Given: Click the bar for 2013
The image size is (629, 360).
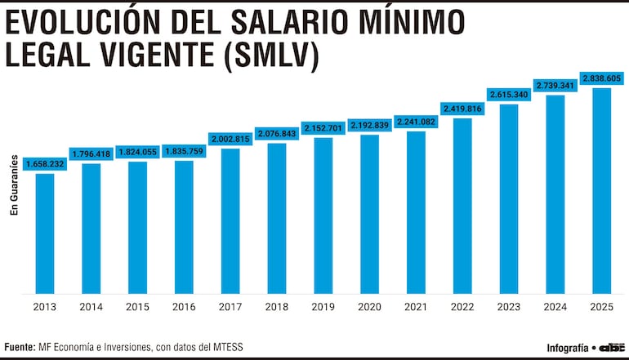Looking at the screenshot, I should (x=45, y=233).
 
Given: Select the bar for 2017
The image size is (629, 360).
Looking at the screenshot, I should (x=230, y=220).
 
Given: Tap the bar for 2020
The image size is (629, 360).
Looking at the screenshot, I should (x=369, y=214).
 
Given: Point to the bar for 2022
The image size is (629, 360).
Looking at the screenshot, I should (x=462, y=205).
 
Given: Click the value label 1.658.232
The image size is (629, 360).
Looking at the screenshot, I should (x=45, y=164).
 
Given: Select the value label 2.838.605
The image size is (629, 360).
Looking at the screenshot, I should (x=602, y=78).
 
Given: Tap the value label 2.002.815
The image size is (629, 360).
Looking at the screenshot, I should (x=230, y=140).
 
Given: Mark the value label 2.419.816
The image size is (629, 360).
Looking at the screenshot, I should (x=462, y=108).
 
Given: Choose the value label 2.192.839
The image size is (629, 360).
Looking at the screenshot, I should (x=369, y=125).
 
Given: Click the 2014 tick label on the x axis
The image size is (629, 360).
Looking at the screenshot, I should (x=91, y=307).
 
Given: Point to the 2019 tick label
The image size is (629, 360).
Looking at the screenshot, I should (x=323, y=307).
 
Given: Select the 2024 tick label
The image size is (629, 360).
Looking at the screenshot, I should (x=555, y=307).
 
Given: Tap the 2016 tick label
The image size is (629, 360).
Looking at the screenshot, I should (x=184, y=307).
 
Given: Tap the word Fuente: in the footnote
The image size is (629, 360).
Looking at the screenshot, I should (x=19, y=346).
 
